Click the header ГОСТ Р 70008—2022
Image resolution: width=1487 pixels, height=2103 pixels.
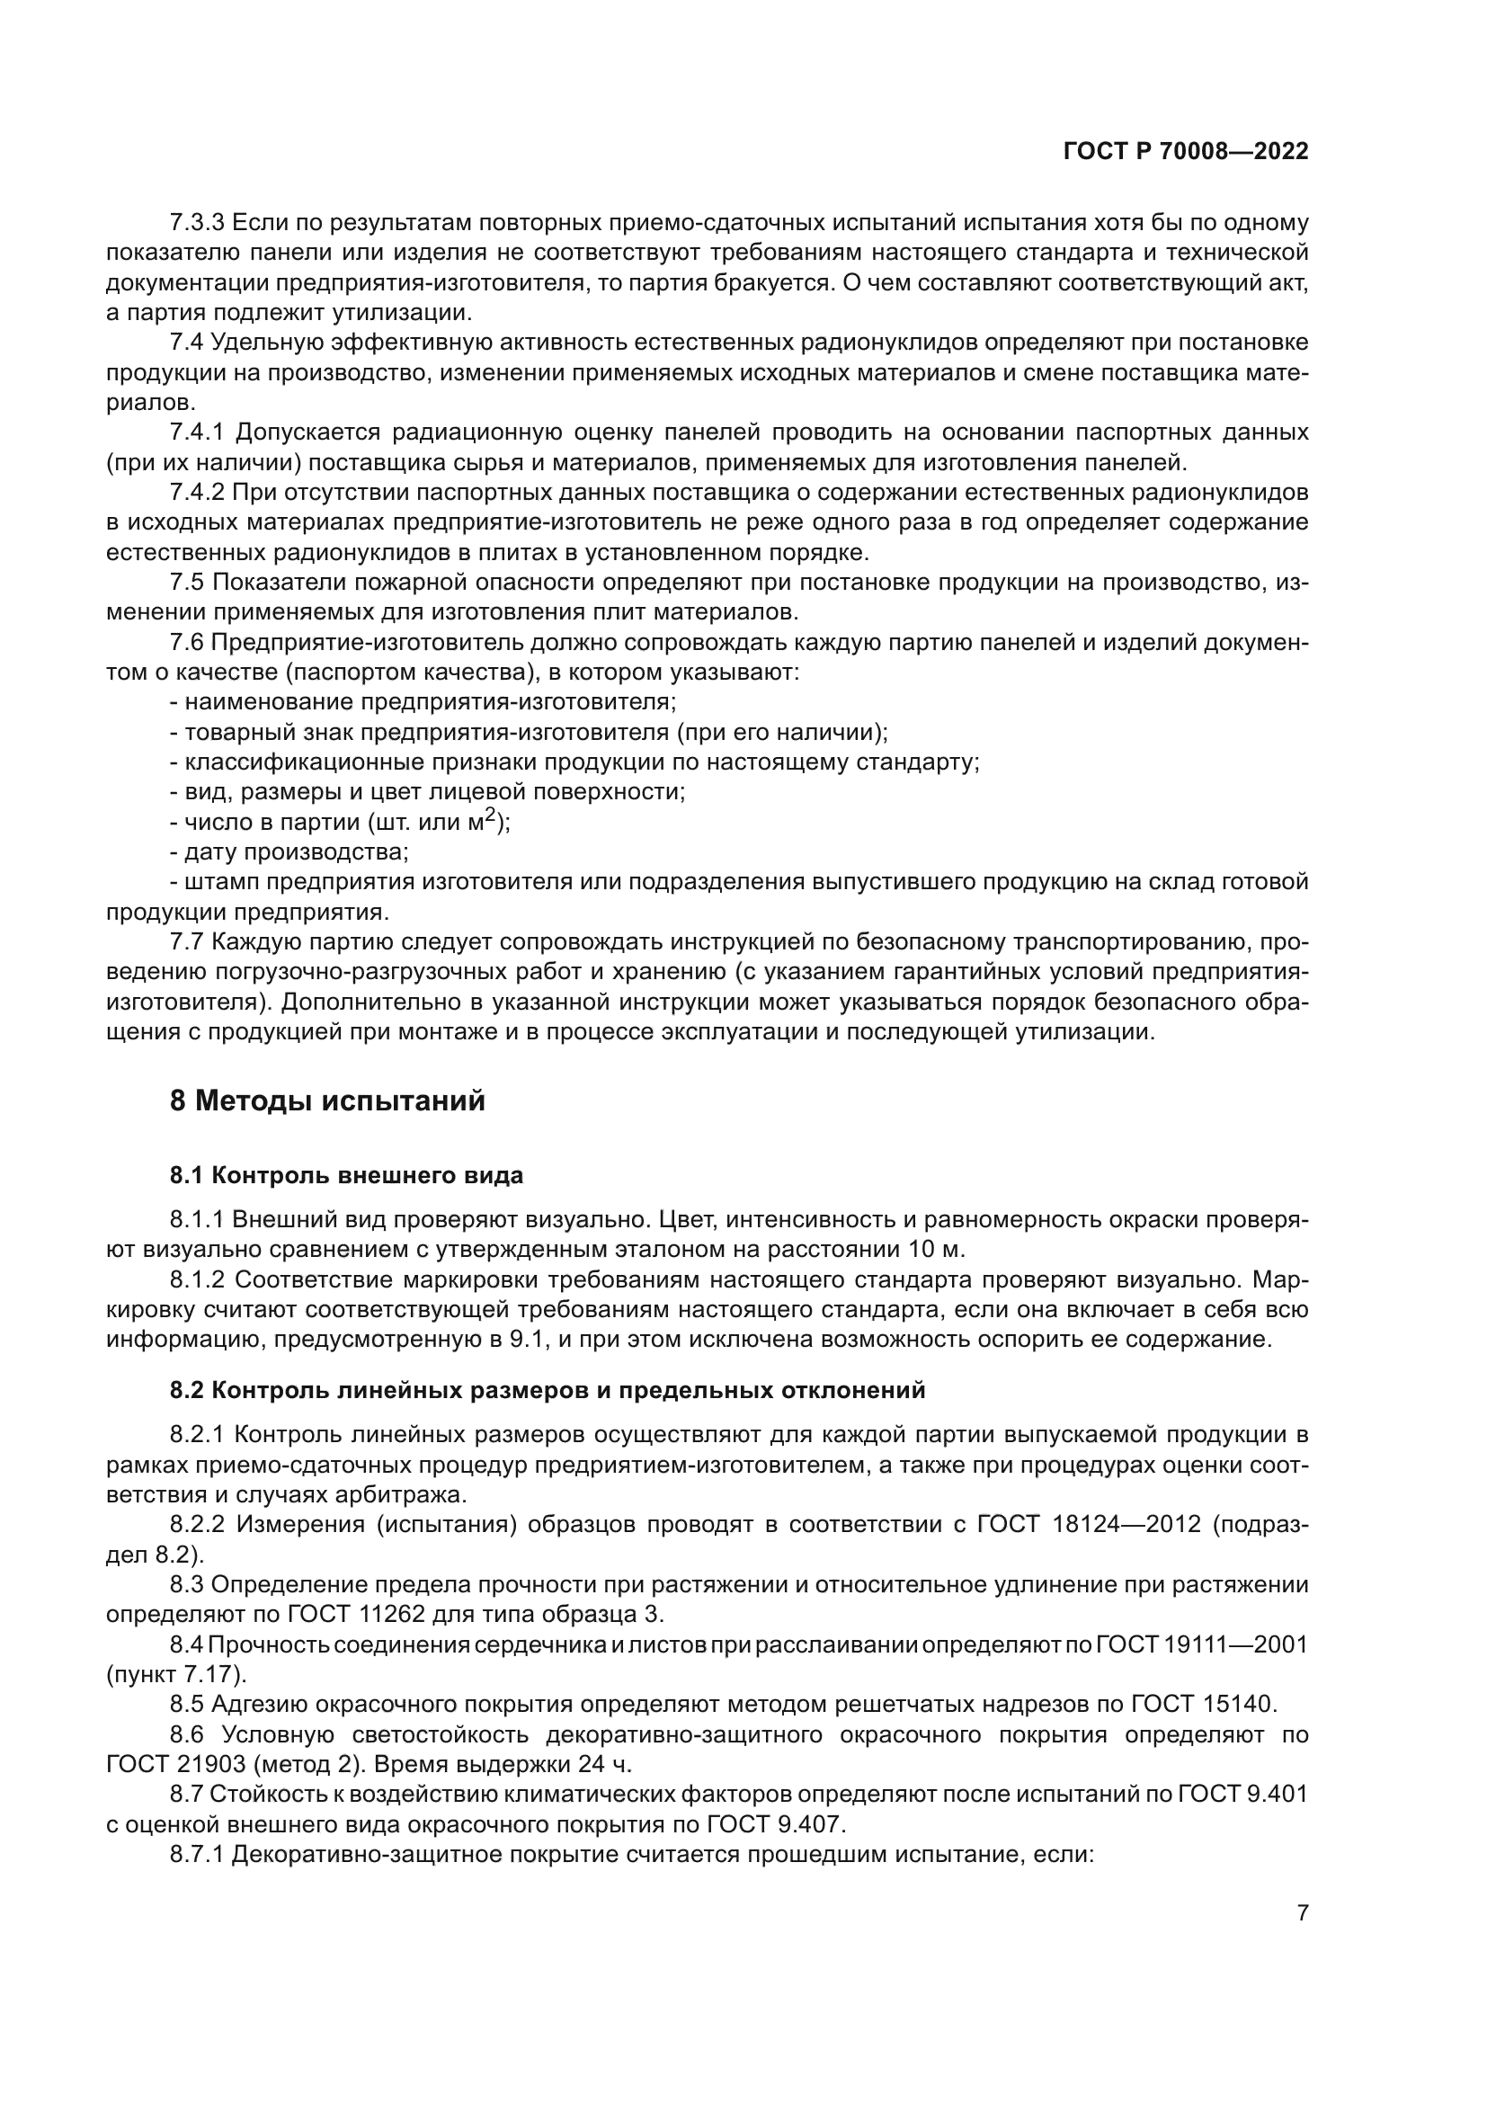click(x=1186, y=152)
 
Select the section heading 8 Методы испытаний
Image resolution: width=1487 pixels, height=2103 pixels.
click(x=327, y=1101)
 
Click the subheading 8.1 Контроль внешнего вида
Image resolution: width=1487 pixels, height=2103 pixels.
click(x=346, y=1176)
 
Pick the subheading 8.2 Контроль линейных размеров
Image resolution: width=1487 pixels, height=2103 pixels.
click(x=548, y=1390)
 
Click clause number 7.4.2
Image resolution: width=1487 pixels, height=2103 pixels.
click(x=197, y=493)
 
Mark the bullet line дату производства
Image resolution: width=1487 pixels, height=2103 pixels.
click(x=289, y=851)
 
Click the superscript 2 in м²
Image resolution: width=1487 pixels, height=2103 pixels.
click(x=491, y=815)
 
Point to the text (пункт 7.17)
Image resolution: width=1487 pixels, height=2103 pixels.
click(x=176, y=1674)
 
